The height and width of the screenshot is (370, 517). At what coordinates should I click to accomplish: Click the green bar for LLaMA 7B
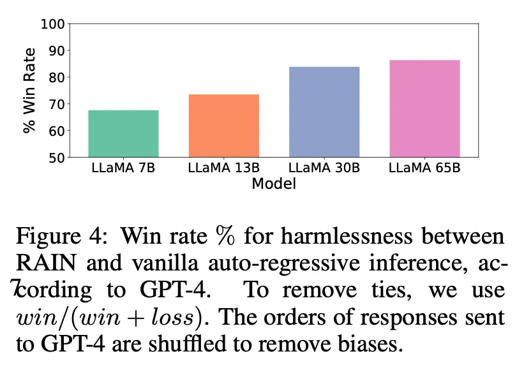[123, 133]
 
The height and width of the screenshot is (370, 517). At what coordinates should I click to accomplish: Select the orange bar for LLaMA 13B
[223, 126]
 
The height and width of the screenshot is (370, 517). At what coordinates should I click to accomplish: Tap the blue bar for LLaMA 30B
[324, 112]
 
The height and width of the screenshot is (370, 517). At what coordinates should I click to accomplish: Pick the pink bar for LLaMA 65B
[424, 108]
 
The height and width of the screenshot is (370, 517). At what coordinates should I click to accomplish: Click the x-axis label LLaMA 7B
[123, 169]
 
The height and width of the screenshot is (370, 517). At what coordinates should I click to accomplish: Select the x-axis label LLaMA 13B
[223, 169]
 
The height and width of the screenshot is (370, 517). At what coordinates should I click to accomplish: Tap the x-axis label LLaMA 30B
[324, 169]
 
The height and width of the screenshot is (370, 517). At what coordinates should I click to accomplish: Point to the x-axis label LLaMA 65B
[424, 169]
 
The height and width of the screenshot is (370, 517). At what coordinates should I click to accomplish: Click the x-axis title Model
[274, 184]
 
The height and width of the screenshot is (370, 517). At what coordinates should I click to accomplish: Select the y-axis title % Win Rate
[29, 90]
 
